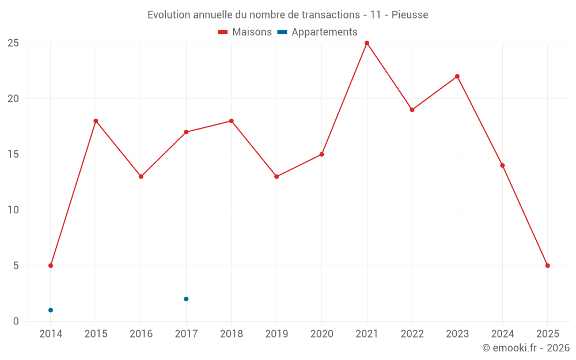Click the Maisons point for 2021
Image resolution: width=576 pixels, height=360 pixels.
(x=367, y=43)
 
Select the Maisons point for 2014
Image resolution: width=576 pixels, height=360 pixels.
(x=51, y=266)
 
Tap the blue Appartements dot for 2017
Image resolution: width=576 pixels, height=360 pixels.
(x=186, y=299)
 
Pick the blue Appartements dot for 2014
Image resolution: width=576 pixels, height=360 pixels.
(x=51, y=310)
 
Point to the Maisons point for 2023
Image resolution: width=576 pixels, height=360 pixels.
(x=457, y=77)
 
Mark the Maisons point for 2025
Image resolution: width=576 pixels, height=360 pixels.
(x=548, y=266)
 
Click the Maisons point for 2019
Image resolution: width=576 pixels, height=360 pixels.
(x=276, y=176)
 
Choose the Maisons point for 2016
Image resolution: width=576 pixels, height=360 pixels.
(x=141, y=176)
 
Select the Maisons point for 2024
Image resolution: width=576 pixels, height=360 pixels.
(x=502, y=165)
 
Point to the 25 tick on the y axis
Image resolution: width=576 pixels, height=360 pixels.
(x=13, y=43)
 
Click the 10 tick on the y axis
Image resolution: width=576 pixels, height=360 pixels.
(x=13, y=210)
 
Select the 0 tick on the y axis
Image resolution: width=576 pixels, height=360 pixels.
(x=16, y=321)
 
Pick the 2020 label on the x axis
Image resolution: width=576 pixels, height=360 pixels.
(x=321, y=334)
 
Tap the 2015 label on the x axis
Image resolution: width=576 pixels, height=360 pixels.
(x=96, y=334)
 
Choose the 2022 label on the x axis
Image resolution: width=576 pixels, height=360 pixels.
(x=412, y=334)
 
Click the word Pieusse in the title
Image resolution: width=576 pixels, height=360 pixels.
(x=410, y=15)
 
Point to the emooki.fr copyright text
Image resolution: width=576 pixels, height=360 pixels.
(x=526, y=348)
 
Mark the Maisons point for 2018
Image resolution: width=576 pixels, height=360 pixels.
(x=232, y=121)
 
